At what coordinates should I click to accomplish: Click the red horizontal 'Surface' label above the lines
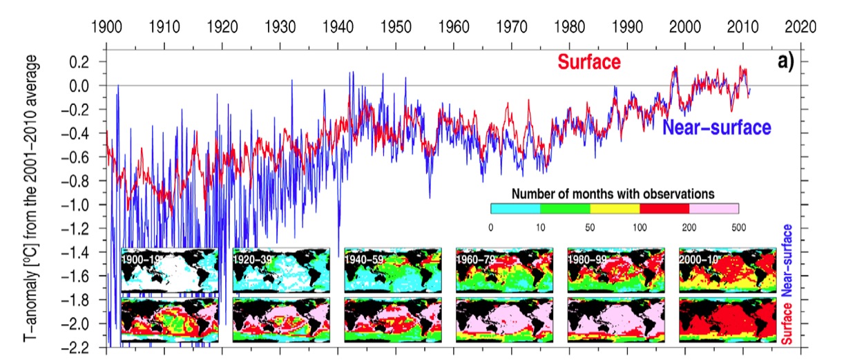point(589,62)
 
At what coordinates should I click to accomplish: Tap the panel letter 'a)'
point(786,61)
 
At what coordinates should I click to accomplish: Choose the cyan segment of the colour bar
point(515,208)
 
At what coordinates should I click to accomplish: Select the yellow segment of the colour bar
point(615,208)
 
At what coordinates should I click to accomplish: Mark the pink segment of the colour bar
point(714,208)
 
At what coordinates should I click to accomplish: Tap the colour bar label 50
point(590,226)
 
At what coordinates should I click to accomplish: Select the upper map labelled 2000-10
point(727,271)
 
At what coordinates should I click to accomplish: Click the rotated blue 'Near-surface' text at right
point(787,256)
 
